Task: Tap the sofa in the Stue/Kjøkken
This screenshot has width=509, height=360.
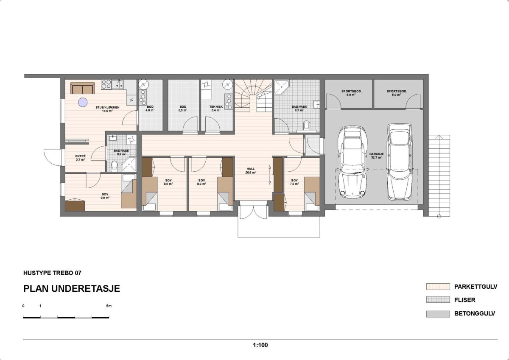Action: [x=82, y=88]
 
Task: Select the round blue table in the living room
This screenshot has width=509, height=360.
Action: [x=82, y=102]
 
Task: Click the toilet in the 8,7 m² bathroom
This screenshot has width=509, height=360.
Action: [x=307, y=125]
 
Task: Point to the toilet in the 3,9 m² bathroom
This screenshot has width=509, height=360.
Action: [x=114, y=165]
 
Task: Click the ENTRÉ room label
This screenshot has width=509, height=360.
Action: [x=81, y=157]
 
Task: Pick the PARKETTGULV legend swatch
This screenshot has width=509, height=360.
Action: [x=438, y=287]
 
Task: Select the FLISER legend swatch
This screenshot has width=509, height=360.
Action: [x=438, y=300]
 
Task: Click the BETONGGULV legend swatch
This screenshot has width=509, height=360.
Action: [x=438, y=314]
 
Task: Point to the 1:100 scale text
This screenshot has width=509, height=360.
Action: [x=260, y=345]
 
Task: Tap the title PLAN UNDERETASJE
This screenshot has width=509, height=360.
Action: [x=72, y=289]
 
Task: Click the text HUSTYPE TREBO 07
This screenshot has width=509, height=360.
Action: [x=52, y=273]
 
